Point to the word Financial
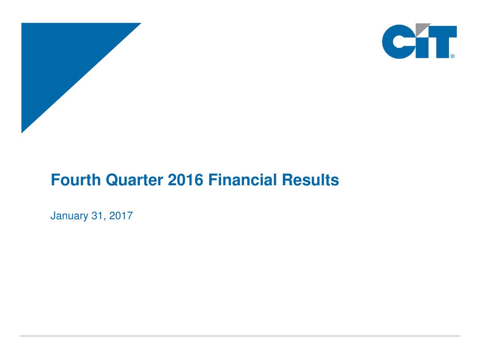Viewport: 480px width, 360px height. [243, 180]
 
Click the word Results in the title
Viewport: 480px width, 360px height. [310, 180]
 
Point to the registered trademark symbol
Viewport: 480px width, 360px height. [453, 56]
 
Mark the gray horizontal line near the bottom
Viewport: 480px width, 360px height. [240, 336]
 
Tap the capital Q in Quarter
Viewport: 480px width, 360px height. [111, 180]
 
